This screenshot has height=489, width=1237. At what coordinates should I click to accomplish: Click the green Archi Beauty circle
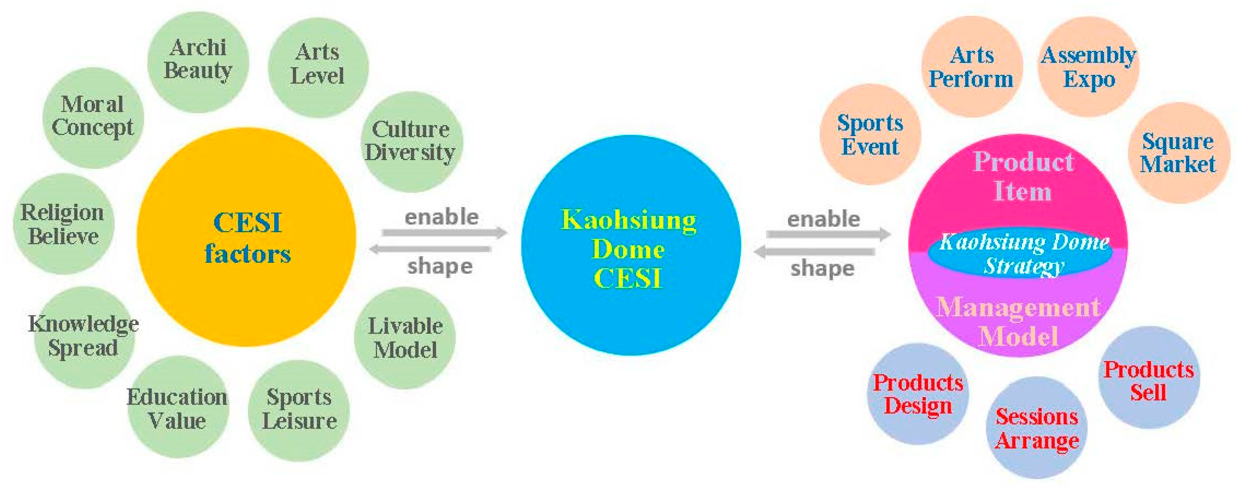(198, 61)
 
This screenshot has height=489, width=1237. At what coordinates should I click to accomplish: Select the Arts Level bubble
(318, 66)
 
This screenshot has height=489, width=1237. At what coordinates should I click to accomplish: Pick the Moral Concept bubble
(93, 117)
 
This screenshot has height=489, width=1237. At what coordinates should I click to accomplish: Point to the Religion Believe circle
(63, 224)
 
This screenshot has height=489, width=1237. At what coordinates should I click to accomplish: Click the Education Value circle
(177, 407)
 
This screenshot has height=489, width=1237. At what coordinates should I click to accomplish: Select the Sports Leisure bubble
(299, 410)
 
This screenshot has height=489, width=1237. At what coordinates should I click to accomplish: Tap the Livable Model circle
(405, 337)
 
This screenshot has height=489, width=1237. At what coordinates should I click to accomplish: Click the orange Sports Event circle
(870, 134)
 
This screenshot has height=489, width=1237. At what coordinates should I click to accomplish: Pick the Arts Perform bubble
(972, 67)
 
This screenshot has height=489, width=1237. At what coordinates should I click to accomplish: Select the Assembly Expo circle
(1089, 67)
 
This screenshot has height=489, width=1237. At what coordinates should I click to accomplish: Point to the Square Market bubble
(1178, 153)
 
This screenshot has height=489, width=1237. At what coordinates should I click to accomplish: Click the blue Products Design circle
(918, 394)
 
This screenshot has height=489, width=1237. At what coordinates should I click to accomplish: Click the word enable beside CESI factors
(441, 217)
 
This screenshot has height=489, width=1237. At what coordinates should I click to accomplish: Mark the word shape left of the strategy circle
(822, 268)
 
